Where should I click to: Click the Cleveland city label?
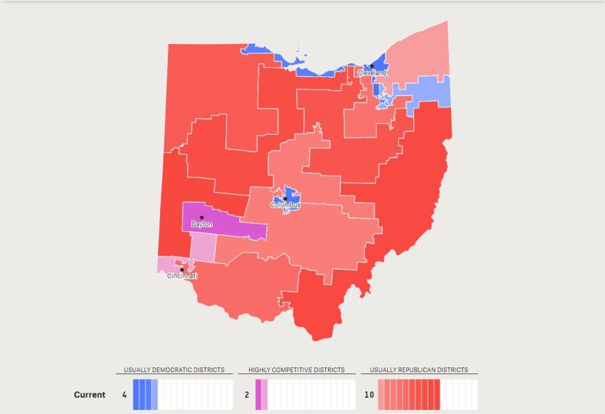372,73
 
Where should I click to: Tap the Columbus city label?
285,205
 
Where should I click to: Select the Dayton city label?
201,224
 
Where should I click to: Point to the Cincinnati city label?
182,276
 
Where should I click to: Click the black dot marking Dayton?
201,217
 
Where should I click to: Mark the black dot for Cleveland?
372,67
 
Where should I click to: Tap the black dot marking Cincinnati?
181,270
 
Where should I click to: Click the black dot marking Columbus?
285,199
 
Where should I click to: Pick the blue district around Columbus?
291,193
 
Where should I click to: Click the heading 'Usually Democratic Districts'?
174,370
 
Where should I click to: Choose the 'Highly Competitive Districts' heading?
297,370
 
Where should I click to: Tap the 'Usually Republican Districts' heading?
419,370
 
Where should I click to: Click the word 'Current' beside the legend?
90,395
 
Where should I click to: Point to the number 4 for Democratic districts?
124,395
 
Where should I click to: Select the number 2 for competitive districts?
247,395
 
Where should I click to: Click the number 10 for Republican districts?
368,395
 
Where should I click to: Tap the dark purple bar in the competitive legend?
258,395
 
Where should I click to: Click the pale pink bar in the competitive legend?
265,395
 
